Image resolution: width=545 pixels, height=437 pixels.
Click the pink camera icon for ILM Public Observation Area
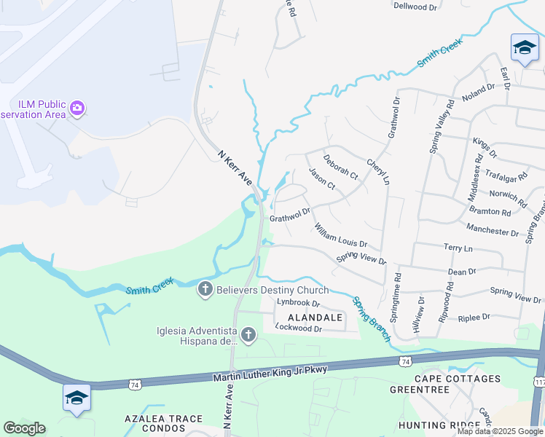(x=77, y=109)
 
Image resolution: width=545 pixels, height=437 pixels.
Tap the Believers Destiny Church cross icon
(x=205, y=290)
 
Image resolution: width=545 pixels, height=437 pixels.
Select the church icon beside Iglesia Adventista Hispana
(x=248, y=335)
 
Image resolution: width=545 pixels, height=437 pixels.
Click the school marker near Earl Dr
(x=524, y=48)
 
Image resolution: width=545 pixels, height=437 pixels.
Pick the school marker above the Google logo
(x=77, y=398)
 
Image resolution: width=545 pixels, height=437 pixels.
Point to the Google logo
(x=24, y=428)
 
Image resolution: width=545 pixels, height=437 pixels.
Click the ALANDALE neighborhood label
(x=315, y=318)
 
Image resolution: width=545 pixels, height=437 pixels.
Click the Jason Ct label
(x=321, y=179)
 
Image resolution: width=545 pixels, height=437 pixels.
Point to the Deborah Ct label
(x=340, y=165)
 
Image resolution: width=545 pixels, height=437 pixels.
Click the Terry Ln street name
(x=458, y=248)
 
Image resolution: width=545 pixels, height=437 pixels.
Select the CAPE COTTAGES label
(x=458, y=379)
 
